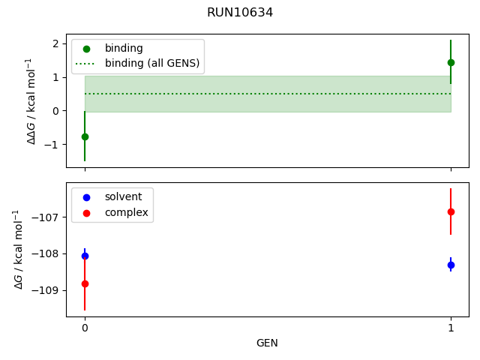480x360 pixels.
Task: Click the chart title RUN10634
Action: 240,12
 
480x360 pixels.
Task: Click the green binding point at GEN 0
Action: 85,136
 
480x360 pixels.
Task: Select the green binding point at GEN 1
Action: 451,62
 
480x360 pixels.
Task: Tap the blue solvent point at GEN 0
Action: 85,256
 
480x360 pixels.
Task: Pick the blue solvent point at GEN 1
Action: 451,265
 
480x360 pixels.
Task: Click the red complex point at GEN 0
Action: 85,283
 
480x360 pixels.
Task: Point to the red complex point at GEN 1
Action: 451,211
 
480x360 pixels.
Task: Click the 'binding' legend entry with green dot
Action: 124,48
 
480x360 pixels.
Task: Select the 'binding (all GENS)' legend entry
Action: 151,63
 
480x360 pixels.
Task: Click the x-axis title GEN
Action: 267,343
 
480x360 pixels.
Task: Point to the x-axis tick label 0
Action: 85,328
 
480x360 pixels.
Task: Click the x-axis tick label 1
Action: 451,328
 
